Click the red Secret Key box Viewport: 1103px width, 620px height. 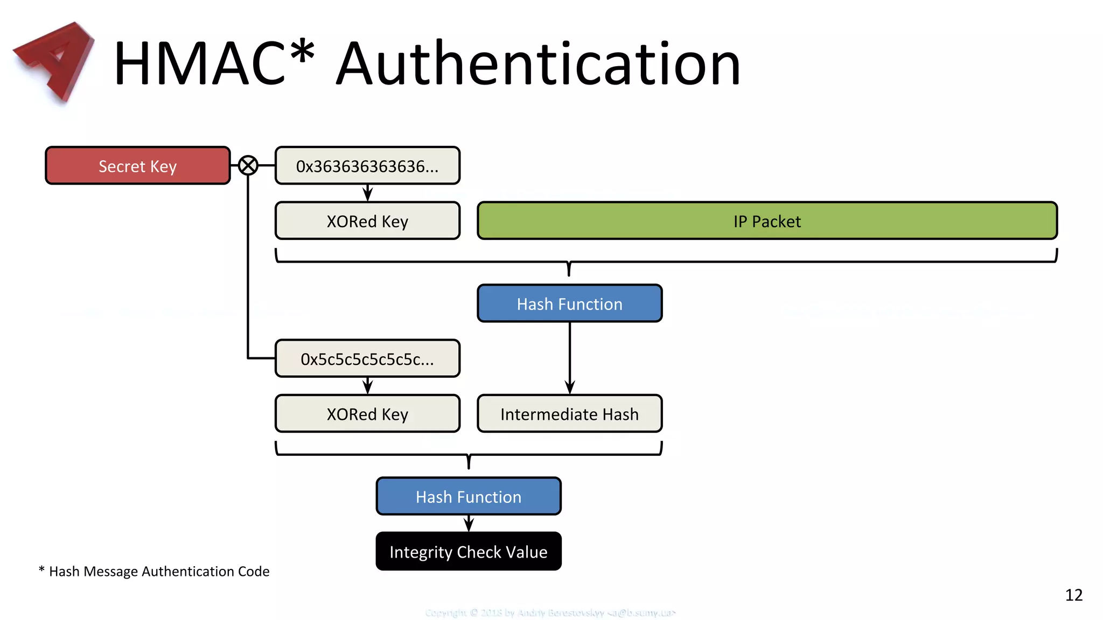138,166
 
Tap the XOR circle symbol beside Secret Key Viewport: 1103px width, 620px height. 248,165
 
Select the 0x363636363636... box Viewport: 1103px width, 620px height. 367,166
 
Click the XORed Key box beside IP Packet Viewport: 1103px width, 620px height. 367,221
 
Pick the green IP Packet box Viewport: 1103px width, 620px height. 767,221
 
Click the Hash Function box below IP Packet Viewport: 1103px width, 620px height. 569,304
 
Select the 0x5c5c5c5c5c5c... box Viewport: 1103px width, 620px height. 367,358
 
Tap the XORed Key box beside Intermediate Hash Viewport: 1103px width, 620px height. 367,413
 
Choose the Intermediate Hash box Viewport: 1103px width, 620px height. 569,413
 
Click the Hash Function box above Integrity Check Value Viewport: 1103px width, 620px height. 469,496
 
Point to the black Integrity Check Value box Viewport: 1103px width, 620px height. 469,552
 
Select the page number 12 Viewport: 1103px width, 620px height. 1073,595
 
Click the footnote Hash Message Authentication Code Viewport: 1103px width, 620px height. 158,571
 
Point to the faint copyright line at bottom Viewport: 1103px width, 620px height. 550,612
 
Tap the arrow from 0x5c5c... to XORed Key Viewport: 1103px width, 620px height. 368,385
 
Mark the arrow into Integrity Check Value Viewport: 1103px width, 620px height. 469,523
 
